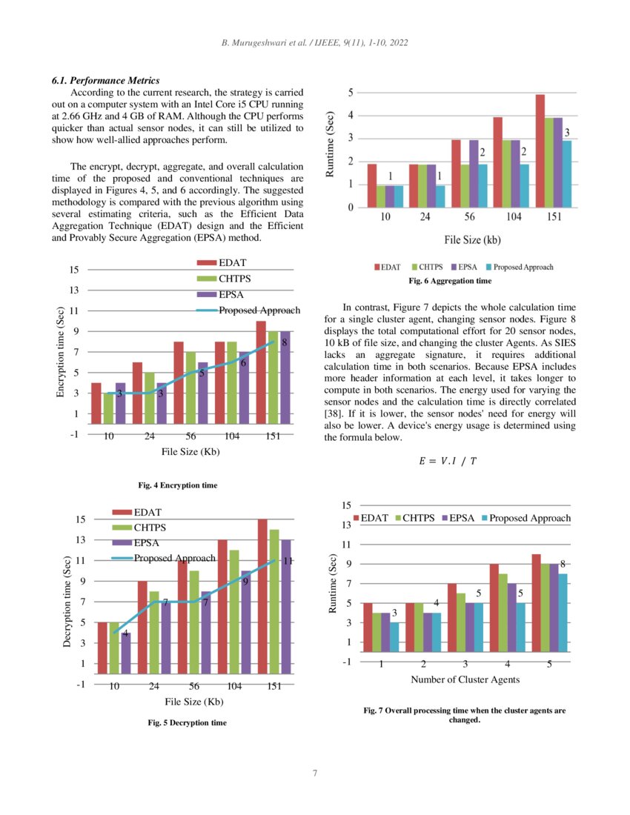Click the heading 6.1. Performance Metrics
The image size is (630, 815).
[x=105, y=80]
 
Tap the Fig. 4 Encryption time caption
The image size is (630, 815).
[x=178, y=485]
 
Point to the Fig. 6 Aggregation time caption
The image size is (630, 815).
[x=450, y=282]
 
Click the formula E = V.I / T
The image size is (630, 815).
[x=448, y=461]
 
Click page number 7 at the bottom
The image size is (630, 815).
[x=315, y=774]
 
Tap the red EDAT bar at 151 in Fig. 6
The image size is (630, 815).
[x=540, y=151]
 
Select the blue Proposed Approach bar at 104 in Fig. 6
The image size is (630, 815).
[x=524, y=186]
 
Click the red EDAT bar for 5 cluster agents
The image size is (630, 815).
[x=536, y=603]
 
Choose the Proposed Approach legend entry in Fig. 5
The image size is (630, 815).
[x=174, y=558]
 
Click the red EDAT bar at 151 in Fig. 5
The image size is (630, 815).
[x=262, y=596]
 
